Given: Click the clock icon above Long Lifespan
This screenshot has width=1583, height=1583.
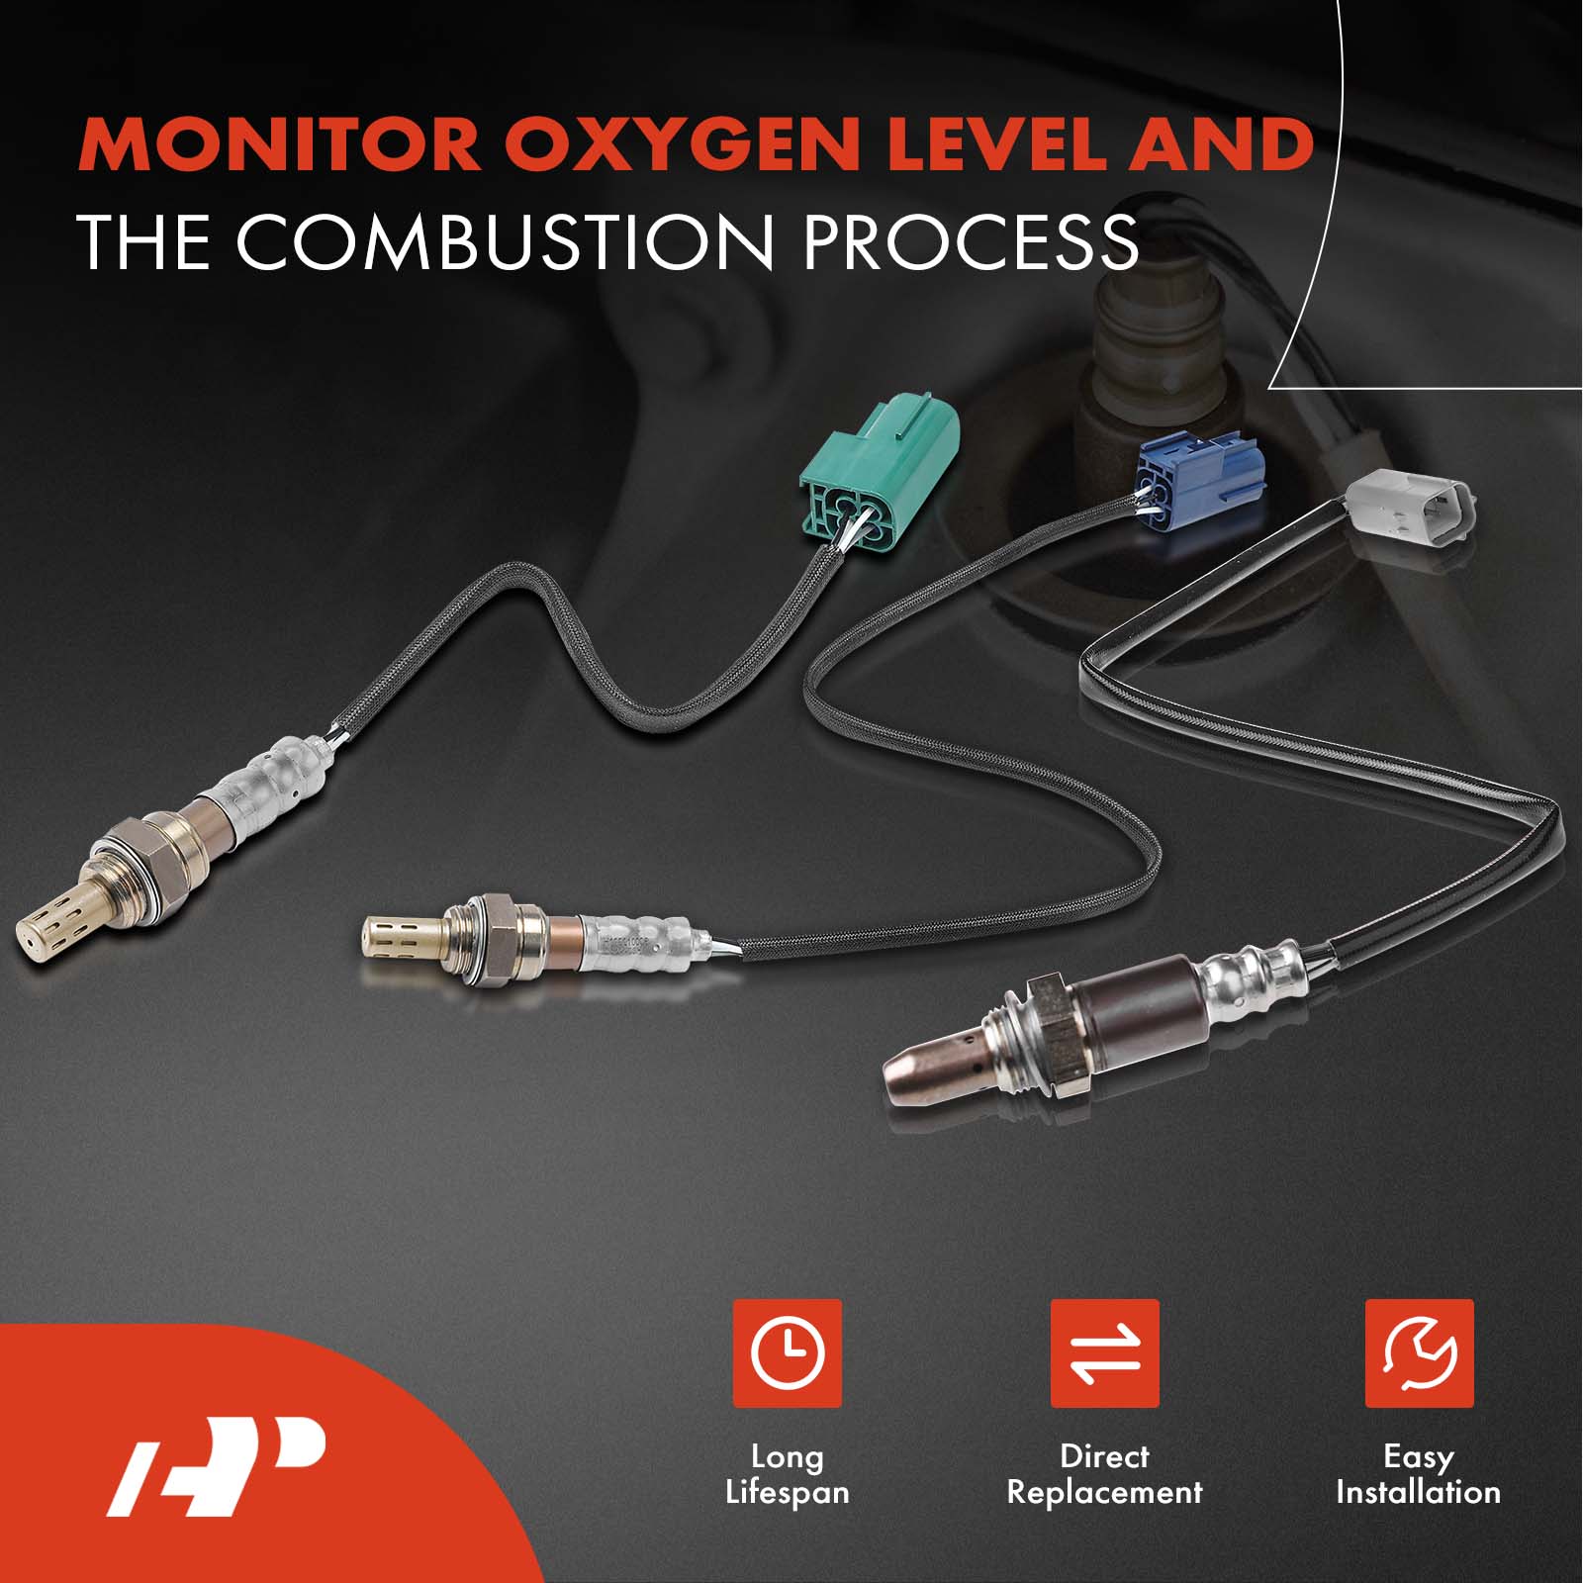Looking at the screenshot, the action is pyautogui.click(x=787, y=1352).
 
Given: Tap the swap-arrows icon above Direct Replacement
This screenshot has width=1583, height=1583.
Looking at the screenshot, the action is pyautogui.click(x=1104, y=1352).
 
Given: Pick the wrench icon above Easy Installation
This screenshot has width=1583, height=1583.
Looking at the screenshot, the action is pyautogui.click(x=1419, y=1352).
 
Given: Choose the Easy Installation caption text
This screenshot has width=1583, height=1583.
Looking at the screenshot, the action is pyautogui.click(x=1418, y=1474).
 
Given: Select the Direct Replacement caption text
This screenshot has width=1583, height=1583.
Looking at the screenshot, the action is pyautogui.click(x=1104, y=1474).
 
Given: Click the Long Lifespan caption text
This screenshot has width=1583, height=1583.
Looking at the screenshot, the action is pyautogui.click(x=788, y=1475).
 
